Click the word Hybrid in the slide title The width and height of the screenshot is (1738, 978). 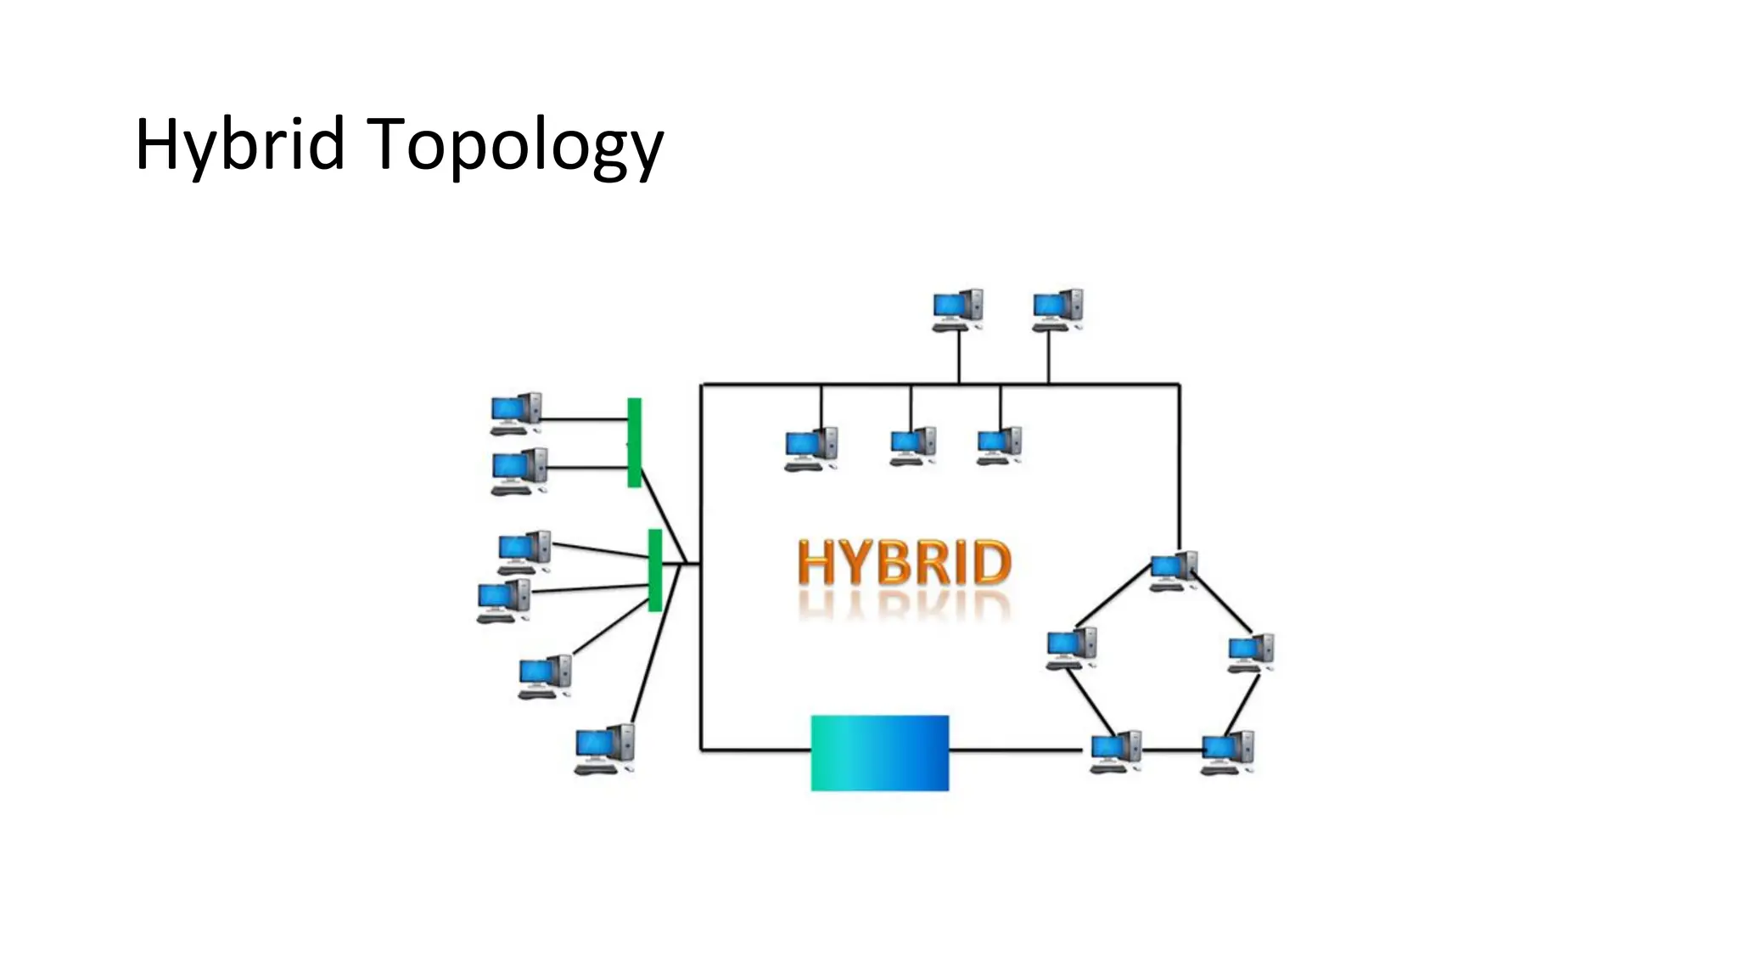(x=239, y=144)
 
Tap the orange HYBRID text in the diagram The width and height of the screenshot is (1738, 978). (x=905, y=563)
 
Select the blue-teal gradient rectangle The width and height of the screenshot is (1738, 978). (x=879, y=753)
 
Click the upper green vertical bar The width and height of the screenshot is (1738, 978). (x=634, y=442)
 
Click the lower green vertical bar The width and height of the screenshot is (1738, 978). (x=654, y=570)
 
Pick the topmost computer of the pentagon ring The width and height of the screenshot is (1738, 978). (x=1174, y=570)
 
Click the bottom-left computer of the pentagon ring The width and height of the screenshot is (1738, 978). (x=1115, y=751)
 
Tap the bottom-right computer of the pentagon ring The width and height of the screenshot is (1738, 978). (x=1227, y=752)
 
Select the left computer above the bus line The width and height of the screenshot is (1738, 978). (x=958, y=310)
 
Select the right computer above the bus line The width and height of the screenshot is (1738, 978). (x=1057, y=310)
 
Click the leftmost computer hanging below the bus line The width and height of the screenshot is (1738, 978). (x=810, y=449)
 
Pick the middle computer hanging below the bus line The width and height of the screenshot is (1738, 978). (x=912, y=446)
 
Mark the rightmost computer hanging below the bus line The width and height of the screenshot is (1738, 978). (x=999, y=446)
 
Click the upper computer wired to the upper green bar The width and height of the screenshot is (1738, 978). (x=515, y=413)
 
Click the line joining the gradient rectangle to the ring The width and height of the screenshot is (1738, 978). (x=1015, y=750)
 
